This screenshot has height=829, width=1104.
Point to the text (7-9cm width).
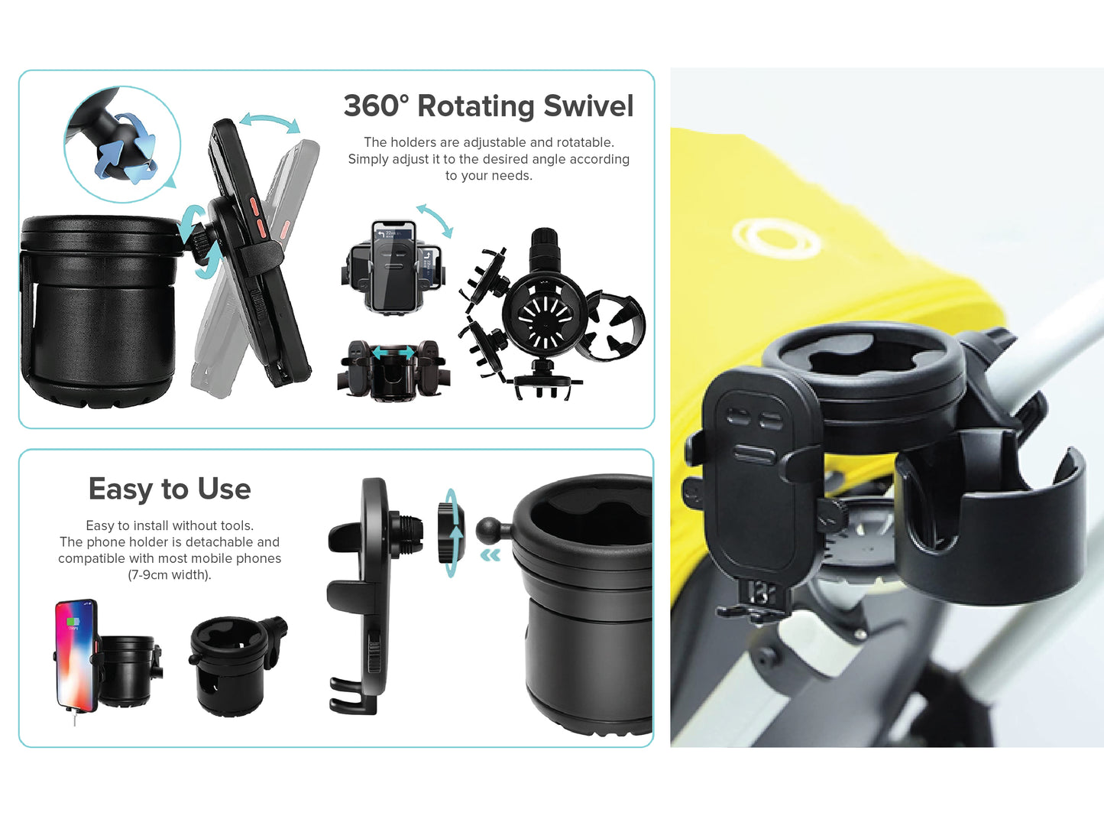[170, 574]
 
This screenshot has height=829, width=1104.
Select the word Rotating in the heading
[476, 107]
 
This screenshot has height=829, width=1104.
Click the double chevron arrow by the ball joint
[490, 555]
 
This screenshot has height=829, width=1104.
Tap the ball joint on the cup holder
[488, 531]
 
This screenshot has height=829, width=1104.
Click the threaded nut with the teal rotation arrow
[450, 533]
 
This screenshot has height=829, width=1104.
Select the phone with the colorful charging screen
[76, 655]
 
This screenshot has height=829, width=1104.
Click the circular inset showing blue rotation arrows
[122, 145]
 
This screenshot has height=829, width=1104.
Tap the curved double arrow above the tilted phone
[270, 122]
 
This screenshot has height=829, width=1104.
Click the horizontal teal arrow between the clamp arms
[393, 353]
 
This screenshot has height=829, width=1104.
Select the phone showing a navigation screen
[393, 266]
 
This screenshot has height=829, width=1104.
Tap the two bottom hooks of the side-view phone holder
[353, 695]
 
